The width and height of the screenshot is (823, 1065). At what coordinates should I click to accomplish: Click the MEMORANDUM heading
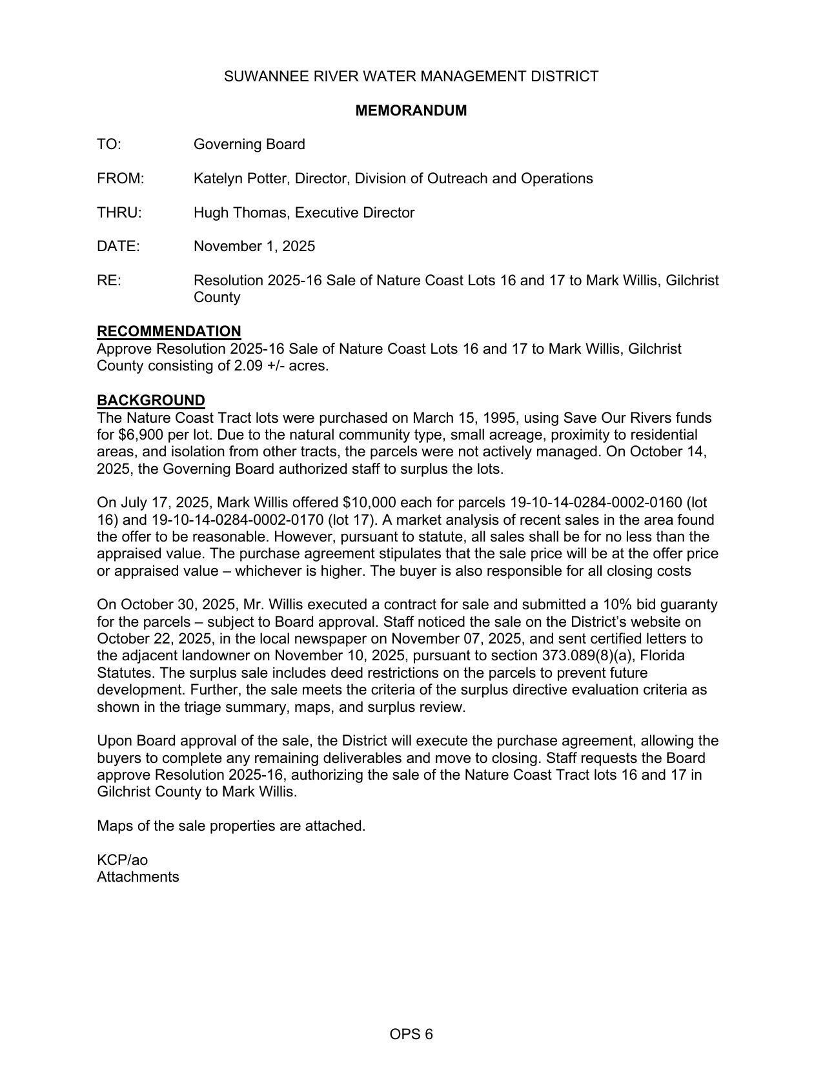click(411, 110)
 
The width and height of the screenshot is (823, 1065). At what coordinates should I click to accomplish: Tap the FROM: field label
click(121, 178)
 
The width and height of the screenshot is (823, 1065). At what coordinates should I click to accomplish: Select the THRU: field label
click(119, 212)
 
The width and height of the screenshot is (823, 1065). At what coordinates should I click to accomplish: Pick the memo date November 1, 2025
click(254, 246)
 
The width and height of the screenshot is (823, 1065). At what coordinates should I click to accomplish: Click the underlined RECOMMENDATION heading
click(169, 331)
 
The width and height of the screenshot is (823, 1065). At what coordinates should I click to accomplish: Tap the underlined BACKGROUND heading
click(151, 400)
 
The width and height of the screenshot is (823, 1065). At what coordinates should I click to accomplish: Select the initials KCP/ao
click(122, 860)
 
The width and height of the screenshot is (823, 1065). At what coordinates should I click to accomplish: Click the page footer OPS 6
click(411, 1034)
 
